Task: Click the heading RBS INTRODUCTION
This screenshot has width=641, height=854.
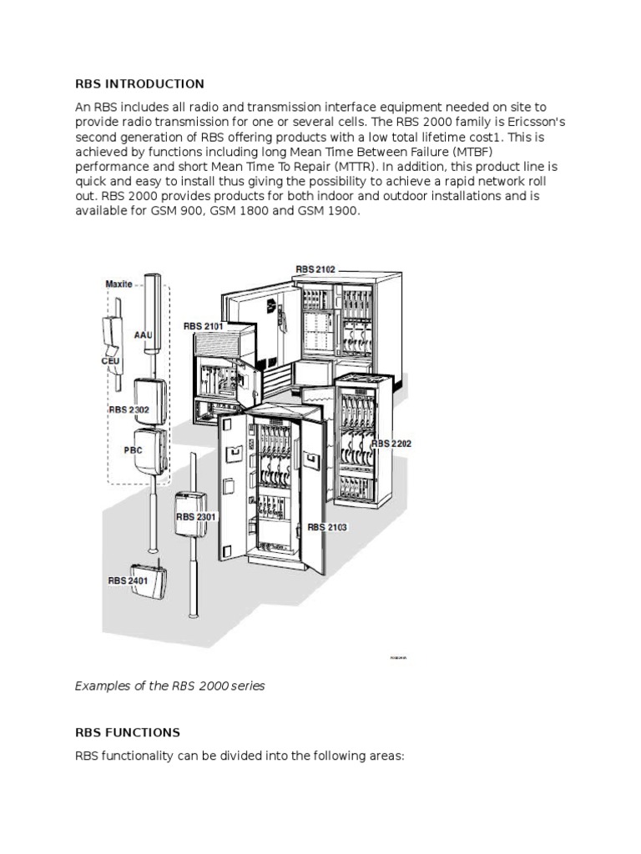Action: point(139,83)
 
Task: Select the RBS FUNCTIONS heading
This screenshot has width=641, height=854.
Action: point(127,732)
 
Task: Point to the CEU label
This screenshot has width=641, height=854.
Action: point(112,361)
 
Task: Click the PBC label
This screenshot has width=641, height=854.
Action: point(133,450)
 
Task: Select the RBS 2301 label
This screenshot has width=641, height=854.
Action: point(196,517)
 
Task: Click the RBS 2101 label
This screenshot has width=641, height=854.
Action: point(204,325)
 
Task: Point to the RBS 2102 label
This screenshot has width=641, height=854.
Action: point(315,270)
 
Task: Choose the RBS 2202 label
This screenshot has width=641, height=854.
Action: point(392,444)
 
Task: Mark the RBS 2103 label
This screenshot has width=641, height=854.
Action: point(327,527)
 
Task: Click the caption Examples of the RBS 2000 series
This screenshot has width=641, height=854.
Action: point(170,686)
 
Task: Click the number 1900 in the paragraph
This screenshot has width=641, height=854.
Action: point(342,212)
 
